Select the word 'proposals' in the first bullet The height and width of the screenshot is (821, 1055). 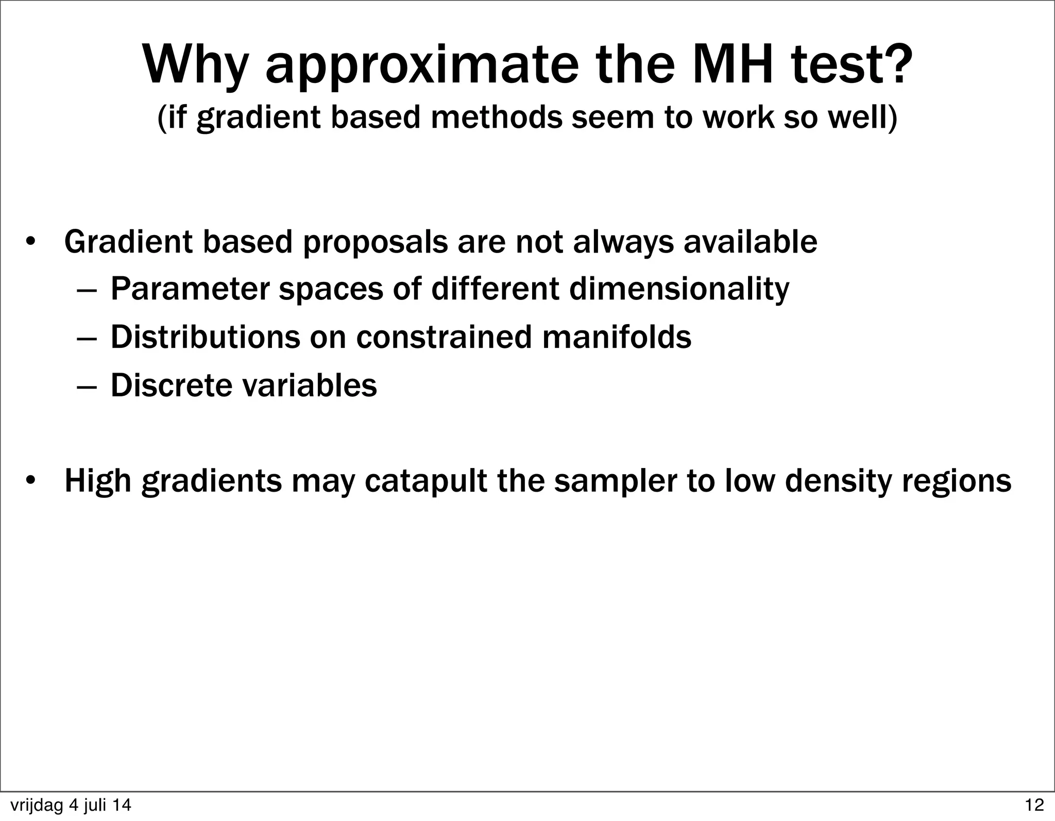pos(376,242)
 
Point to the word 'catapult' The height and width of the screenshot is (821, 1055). pos(426,481)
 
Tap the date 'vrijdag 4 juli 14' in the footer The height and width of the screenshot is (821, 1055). pos(71,805)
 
